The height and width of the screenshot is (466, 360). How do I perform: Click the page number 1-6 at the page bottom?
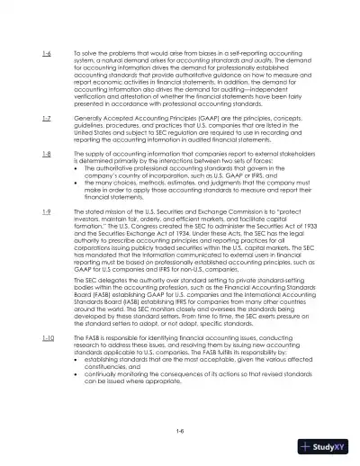180,431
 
